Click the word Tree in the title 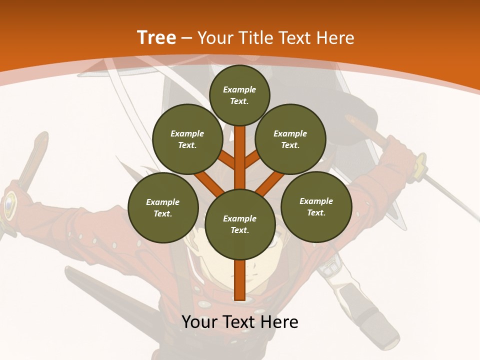[x=156, y=38]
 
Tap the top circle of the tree [x=239, y=95]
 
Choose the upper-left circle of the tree [x=187, y=139]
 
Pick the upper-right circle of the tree [x=290, y=139]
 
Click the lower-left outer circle [x=163, y=207]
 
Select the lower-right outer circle [x=316, y=206]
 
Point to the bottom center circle [x=240, y=224]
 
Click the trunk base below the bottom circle [x=239, y=280]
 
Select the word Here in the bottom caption [x=279, y=322]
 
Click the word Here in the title [x=335, y=38]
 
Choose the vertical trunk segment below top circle [x=239, y=155]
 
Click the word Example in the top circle [x=239, y=89]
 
